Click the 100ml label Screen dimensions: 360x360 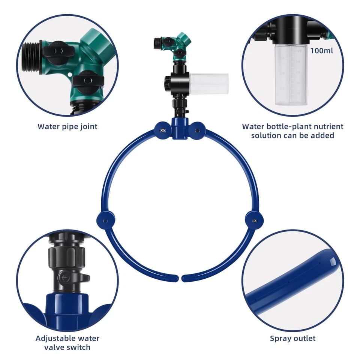tap(321, 50)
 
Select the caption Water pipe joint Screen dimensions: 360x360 tap(67, 126)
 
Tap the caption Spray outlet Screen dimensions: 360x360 tap(292, 338)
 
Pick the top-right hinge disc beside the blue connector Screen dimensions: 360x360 tap(197, 130)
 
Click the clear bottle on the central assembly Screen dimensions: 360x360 tap(208, 84)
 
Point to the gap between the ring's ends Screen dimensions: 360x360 tap(180, 279)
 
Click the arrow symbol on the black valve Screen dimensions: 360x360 tap(65, 278)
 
